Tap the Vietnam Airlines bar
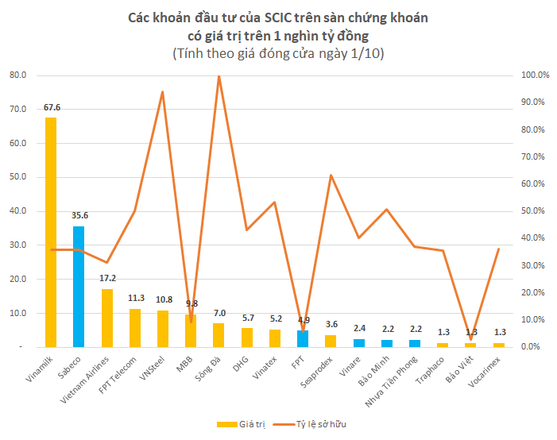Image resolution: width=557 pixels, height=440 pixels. tap(106, 318)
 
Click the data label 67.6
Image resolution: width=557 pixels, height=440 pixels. tap(52, 107)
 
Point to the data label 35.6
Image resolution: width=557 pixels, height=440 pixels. tap(79, 216)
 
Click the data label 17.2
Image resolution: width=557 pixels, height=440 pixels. tap(107, 279)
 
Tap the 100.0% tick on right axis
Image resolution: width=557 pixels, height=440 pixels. tap(535, 75)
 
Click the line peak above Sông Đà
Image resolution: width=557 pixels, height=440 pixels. tap(219, 77)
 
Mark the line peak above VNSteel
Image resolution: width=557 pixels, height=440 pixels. tap(163, 92)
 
